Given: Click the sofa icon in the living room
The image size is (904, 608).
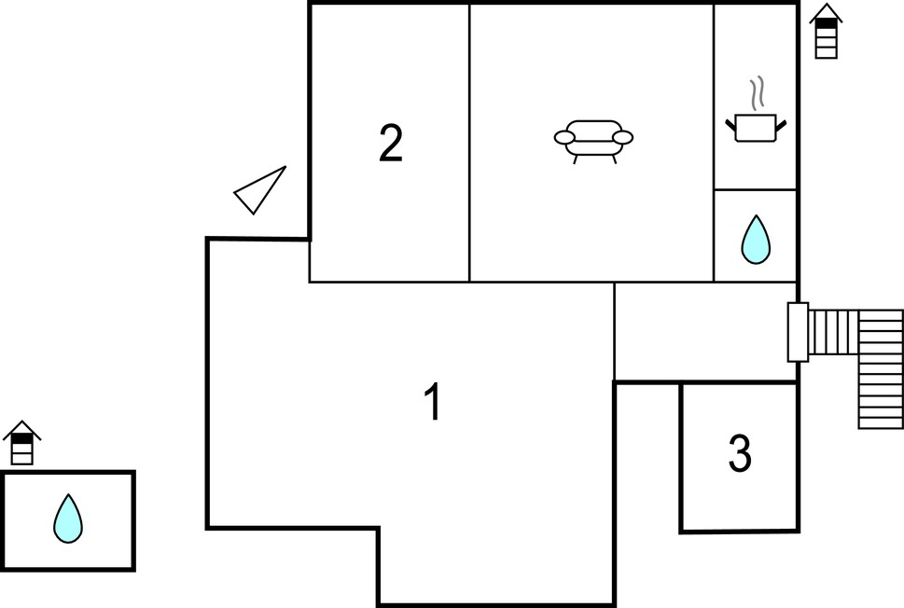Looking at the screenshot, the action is point(593,141).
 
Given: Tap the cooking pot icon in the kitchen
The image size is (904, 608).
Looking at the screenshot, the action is point(756,128).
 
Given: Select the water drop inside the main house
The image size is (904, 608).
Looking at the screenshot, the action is point(756,240).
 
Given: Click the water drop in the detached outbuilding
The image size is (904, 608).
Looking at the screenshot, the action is point(68,518).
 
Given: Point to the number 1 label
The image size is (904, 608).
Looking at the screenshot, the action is point(433,401).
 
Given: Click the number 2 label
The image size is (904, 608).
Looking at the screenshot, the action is point(390,143).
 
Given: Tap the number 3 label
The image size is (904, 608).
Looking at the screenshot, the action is point(740,453).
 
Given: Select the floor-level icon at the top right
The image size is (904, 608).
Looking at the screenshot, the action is point(826,31).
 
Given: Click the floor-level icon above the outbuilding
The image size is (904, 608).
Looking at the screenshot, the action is point(21,443).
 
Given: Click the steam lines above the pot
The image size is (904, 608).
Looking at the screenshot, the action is point(757,92).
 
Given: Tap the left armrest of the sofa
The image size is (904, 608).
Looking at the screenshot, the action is point(564,138).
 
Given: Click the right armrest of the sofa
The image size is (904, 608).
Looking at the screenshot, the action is point(622,138).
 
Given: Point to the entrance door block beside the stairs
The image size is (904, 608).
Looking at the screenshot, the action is point(798,332).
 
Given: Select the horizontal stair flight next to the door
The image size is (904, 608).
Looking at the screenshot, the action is point(833,332).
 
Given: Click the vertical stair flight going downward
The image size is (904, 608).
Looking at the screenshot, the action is point(881,369).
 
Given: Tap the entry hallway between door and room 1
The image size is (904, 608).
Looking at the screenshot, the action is point(705,331).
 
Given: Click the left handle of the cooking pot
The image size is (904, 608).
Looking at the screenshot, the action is point(730,125).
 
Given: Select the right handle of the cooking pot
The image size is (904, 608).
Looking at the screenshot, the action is point(781,125).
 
